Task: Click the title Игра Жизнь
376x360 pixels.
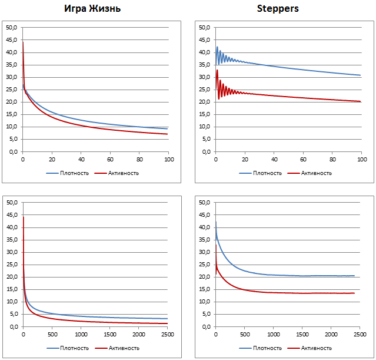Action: coord(92,9)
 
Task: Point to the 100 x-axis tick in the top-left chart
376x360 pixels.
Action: coord(168,159)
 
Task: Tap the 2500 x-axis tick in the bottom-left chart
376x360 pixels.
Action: coord(167,334)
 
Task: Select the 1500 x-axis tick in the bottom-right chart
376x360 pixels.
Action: coord(302,334)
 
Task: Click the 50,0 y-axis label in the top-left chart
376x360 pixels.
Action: coord(11,28)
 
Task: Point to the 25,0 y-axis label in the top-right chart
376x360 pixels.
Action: coord(204,90)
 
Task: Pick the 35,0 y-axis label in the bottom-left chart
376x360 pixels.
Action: coord(11,240)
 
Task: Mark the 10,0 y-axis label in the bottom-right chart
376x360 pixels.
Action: coord(204,302)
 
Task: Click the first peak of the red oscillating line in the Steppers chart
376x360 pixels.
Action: coord(217,70)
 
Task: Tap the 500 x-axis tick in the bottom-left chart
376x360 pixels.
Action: coord(52,334)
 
